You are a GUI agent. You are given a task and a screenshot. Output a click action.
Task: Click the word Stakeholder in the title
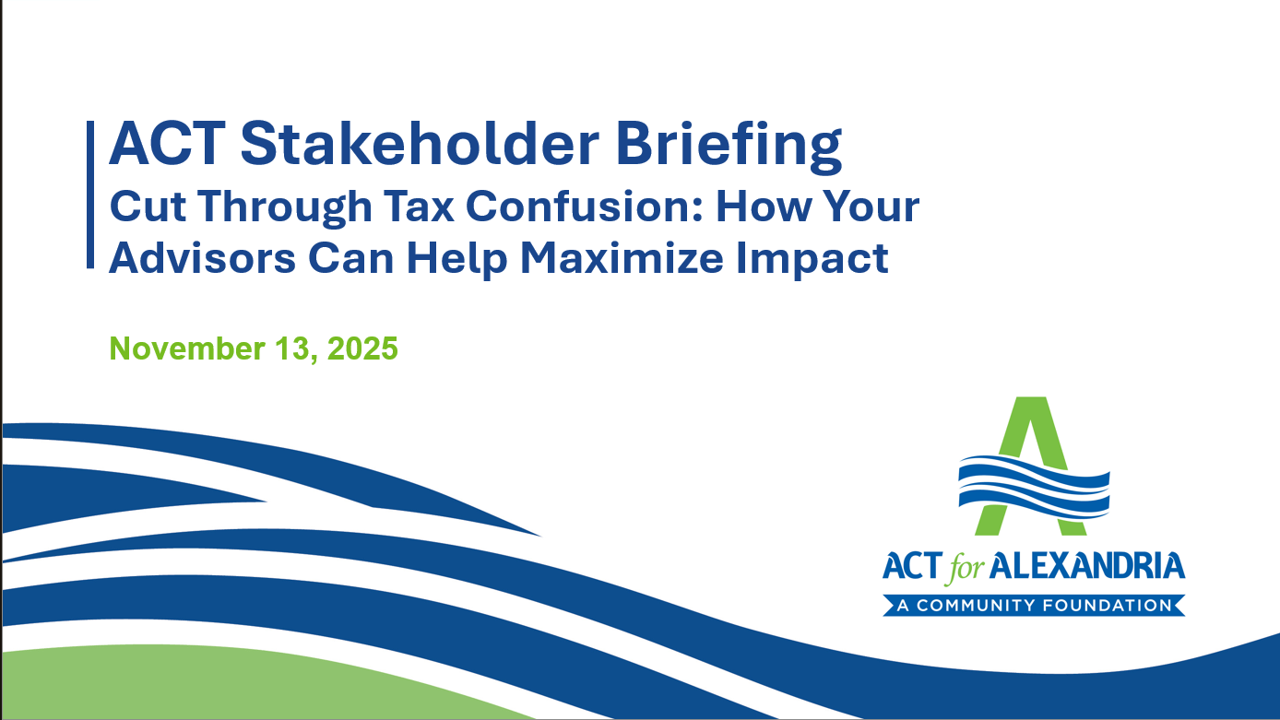coord(420,144)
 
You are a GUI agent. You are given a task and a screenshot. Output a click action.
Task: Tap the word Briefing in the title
coord(729,147)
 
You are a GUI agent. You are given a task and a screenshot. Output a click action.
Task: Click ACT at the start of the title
coord(166,144)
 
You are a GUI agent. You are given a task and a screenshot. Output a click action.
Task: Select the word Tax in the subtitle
coord(419,206)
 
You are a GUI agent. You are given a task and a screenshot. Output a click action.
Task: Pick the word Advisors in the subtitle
coord(202,258)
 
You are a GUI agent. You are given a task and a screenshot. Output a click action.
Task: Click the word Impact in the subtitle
coord(812,261)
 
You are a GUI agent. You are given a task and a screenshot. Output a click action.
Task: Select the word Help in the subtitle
coord(457,261)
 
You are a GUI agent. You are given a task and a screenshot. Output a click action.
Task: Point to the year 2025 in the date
coord(362,348)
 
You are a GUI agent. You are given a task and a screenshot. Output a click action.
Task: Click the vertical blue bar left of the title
coord(90,195)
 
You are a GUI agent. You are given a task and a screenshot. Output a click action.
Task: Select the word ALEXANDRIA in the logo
coord(1087,566)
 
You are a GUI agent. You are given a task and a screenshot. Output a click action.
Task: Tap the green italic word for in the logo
coord(966,569)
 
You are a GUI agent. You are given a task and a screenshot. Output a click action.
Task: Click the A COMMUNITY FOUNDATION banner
coord(1034,606)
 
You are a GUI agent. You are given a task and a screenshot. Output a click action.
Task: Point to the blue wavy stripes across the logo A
coord(1034,487)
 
